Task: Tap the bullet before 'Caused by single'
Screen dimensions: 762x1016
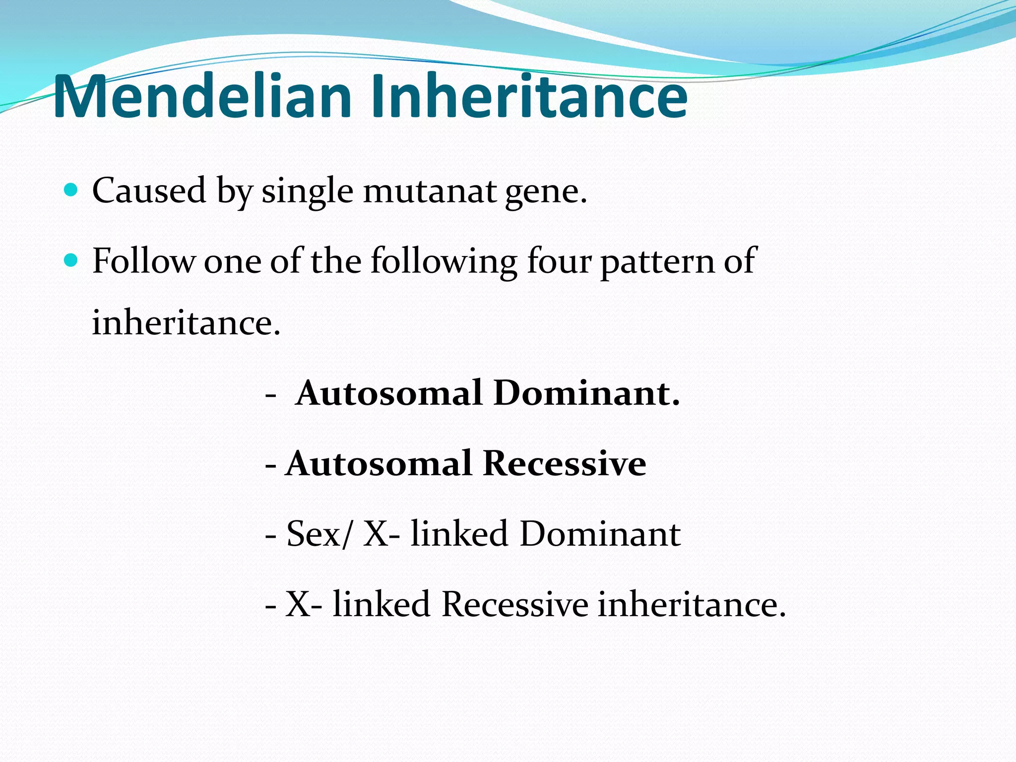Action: [x=71, y=190]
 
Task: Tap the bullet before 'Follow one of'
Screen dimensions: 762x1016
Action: [x=71, y=260]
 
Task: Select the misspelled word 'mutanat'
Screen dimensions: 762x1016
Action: [x=430, y=191]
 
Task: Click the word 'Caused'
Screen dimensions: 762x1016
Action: [x=149, y=190]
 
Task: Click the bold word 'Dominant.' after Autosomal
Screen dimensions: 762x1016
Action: [x=586, y=393]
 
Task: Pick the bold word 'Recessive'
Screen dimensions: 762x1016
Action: [x=564, y=464]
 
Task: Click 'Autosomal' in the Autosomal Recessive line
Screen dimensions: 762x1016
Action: [x=379, y=464]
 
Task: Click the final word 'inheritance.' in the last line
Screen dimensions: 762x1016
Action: [x=692, y=605]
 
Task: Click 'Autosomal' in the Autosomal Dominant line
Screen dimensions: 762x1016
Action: [x=389, y=393]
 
